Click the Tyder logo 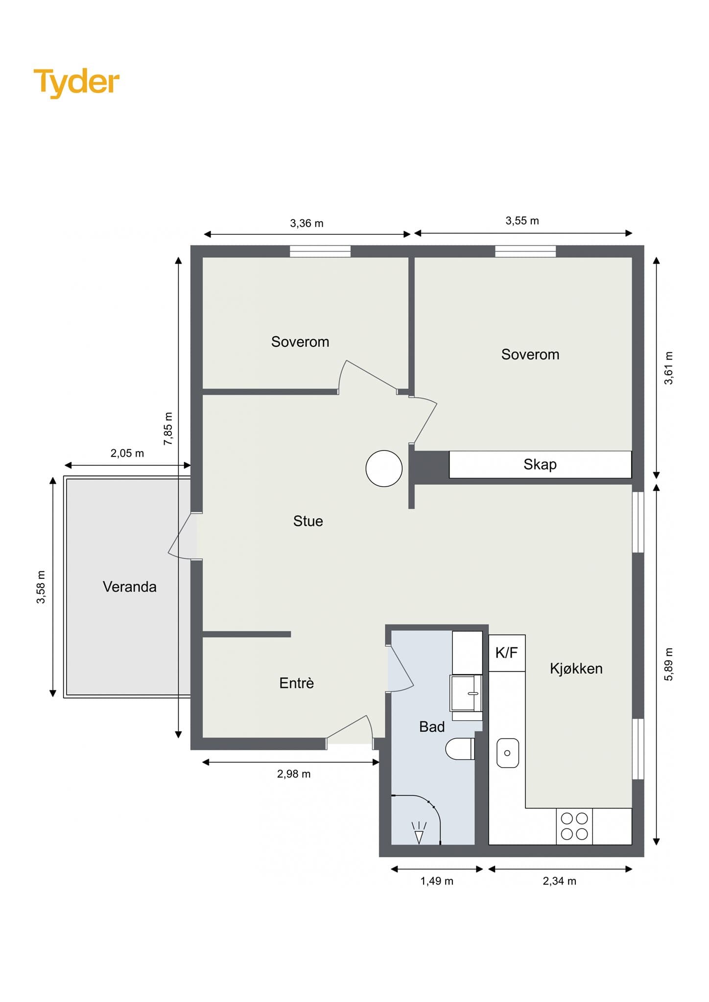[76, 82]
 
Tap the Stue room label [308, 521]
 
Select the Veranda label [130, 587]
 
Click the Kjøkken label [576, 668]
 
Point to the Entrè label [297, 683]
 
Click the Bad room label [432, 727]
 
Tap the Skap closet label [540, 464]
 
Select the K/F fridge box [507, 653]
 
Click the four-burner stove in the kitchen [574, 826]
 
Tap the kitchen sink [508, 753]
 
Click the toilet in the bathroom [460, 749]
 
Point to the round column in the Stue [384, 468]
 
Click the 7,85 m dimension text [168, 429]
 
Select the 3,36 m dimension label [307, 224]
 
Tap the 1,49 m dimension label [437, 881]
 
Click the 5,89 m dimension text [668, 664]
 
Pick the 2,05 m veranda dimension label [127, 453]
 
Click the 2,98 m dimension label [294, 774]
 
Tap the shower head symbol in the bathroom [419, 833]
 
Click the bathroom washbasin [466, 693]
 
